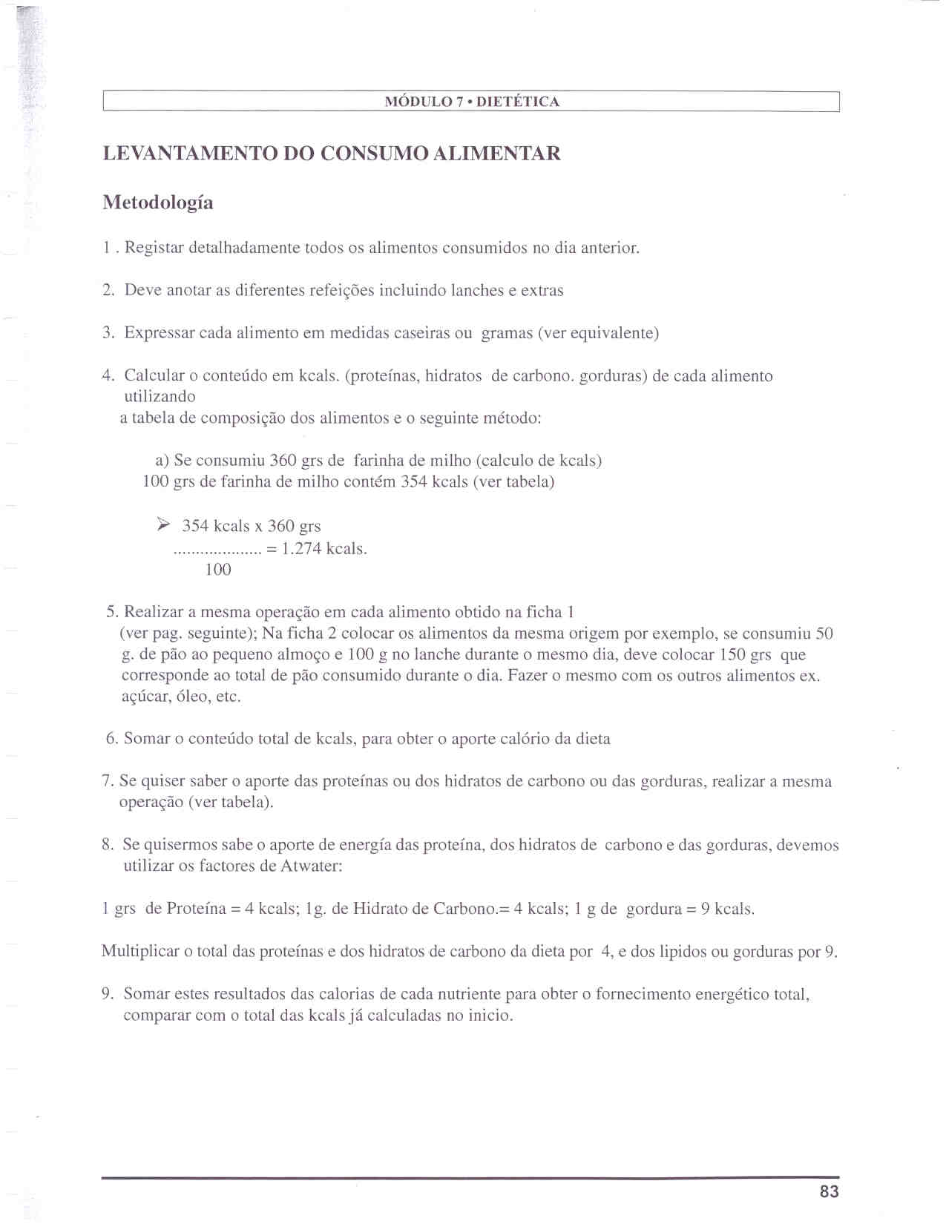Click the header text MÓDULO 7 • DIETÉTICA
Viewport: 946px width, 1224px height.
pyautogui.click(x=472, y=102)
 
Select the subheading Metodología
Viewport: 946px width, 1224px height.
pyautogui.click(x=158, y=203)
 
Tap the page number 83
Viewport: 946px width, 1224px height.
pyautogui.click(x=830, y=1191)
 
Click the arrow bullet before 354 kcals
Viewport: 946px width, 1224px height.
pyautogui.click(x=164, y=525)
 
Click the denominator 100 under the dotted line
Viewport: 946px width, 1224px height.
pyautogui.click(x=218, y=570)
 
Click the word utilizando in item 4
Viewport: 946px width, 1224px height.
pyautogui.click(x=160, y=397)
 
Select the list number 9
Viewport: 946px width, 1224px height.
pyautogui.click(x=107, y=994)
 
